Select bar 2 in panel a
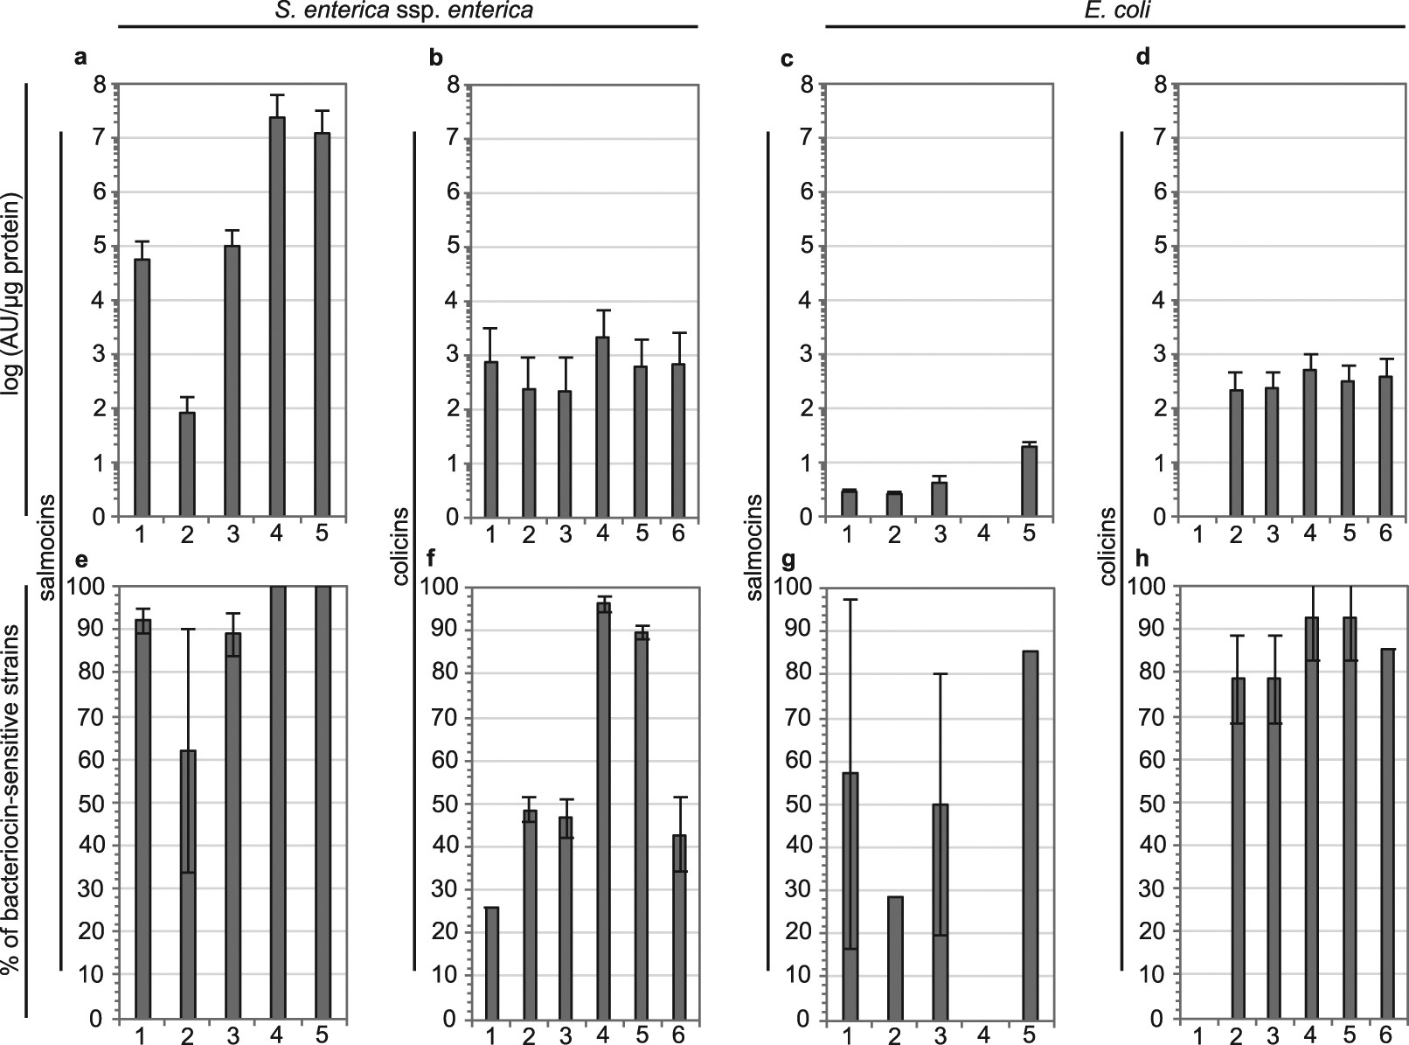pyautogui.click(x=186, y=464)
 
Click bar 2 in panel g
pyautogui.click(x=893, y=958)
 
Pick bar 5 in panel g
pyautogui.click(x=1029, y=835)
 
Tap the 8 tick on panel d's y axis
pyautogui.click(x=1162, y=85)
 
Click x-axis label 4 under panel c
pyautogui.click(x=983, y=532)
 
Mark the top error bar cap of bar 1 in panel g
pyautogui.click(x=850, y=600)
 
